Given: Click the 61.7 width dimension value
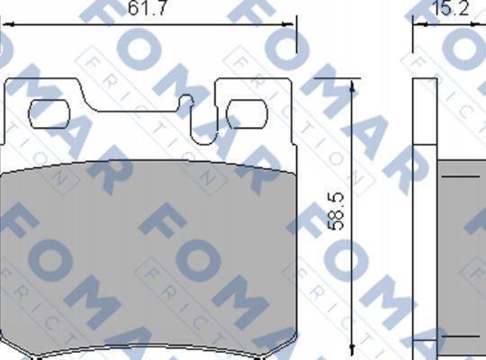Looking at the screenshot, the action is pos(148,8).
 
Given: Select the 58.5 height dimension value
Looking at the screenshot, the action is pos(336,211).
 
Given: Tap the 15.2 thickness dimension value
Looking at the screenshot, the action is pos(450,8).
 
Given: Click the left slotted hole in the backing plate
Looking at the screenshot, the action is pos(49,113).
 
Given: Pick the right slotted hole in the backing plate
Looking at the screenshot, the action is pos(247,113).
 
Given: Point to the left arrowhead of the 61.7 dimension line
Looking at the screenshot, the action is pos(7,24).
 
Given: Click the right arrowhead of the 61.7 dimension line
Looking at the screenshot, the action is pos(288,24).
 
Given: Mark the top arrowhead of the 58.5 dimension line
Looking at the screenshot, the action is pos(352,86).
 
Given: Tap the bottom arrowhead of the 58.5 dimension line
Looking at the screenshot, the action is pos(352,349).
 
